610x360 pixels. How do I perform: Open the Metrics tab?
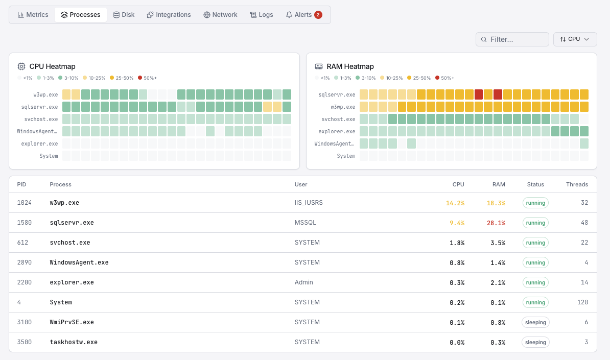pos(33,15)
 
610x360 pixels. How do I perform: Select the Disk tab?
pos(124,15)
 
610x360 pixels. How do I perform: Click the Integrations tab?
pos(169,15)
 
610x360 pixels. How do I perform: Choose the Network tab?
pos(220,15)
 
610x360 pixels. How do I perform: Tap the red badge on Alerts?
pos(318,15)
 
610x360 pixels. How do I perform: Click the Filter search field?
pos(512,39)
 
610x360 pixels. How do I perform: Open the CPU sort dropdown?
pos(575,39)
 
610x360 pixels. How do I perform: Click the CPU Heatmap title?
pos(52,66)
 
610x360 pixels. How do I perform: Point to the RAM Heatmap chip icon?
pos(319,66)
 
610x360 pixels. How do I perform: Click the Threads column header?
pos(577,184)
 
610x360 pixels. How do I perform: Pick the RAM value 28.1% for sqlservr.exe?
pos(496,223)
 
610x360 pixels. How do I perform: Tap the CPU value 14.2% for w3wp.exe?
pos(455,203)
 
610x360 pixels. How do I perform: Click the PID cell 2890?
pos(25,262)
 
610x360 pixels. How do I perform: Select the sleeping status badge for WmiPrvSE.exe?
pos(535,322)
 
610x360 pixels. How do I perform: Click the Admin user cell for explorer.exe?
pos(304,282)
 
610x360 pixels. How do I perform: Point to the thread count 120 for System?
pos(582,302)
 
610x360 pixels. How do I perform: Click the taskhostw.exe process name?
pos(74,342)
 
